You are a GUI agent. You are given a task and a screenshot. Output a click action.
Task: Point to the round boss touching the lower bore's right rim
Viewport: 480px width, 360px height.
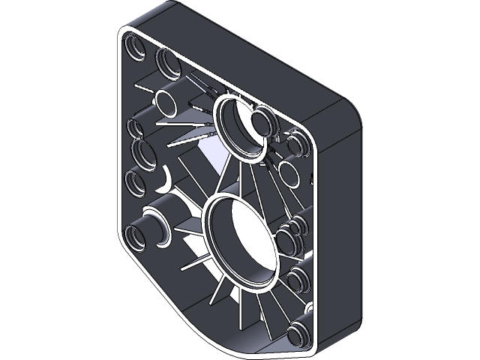[x=288, y=240]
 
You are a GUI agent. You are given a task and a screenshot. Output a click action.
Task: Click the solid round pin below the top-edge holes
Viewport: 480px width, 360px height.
[x=163, y=100]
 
